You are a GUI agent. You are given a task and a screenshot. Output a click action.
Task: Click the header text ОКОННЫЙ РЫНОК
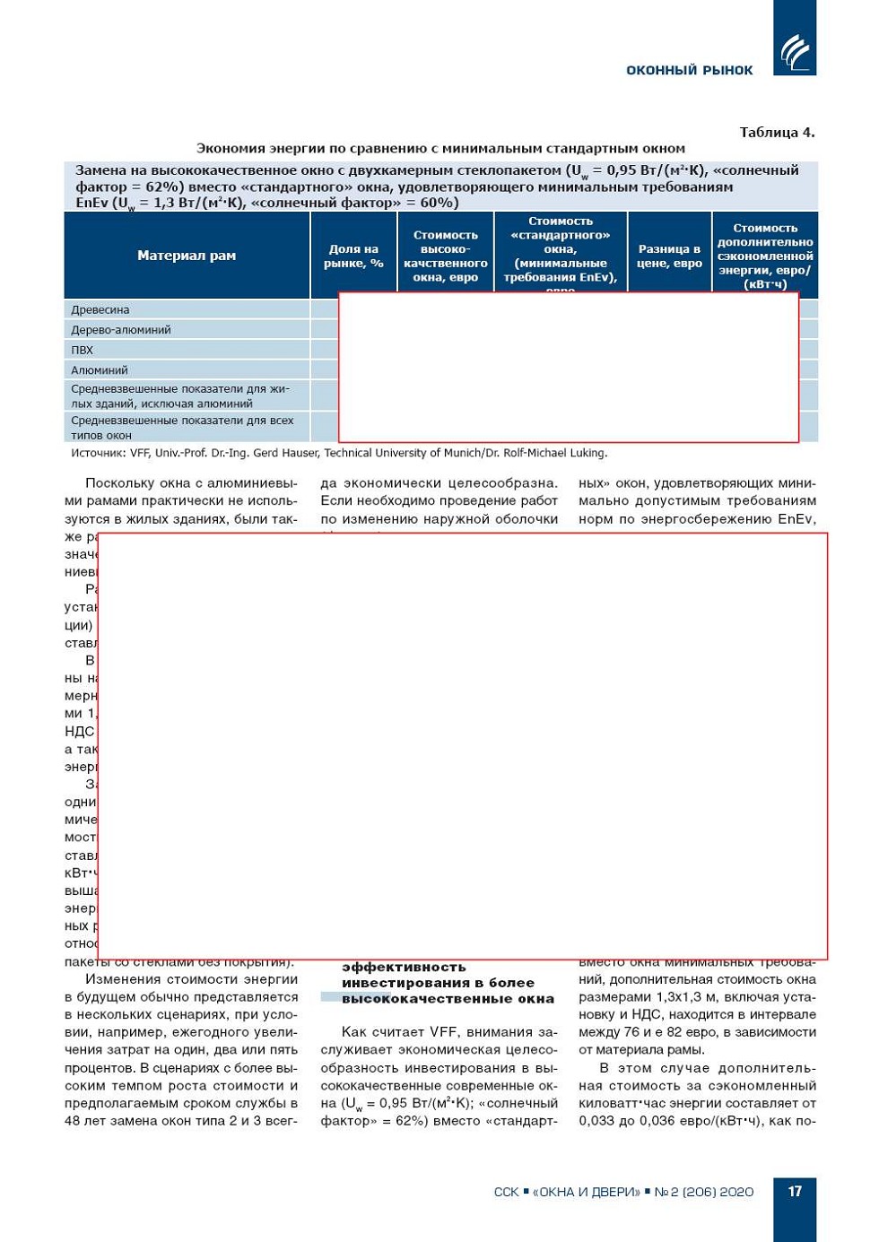pyautogui.click(x=689, y=70)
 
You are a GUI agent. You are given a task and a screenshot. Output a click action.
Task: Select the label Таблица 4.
pyautogui.click(x=777, y=133)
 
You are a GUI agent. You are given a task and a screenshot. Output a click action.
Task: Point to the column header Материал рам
pyautogui.click(x=187, y=256)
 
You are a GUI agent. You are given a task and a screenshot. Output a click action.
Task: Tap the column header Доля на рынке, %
pyautogui.click(x=353, y=256)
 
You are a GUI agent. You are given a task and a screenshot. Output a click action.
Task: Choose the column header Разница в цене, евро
pyautogui.click(x=669, y=256)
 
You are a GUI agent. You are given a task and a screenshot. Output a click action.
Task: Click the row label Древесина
pyautogui.click(x=100, y=309)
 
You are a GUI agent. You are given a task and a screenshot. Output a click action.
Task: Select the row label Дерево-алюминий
pyautogui.click(x=121, y=330)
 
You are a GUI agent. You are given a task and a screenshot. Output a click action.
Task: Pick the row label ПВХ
pyautogui.click(x=82, y=350)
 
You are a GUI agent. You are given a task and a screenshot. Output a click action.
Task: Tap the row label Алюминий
pyautogui.click(x=100, y=369)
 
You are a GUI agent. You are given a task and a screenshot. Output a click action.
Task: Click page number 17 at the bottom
pyautogui.click(x=795, y=1191)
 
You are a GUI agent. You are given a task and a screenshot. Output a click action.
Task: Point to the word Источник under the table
pyautogui.click(x=97, y=453)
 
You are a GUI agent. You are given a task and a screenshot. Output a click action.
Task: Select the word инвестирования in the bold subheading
pyautogui.click(x=404, y=983)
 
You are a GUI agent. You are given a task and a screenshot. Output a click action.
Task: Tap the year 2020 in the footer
pyautogui.click(x=737, y=1192)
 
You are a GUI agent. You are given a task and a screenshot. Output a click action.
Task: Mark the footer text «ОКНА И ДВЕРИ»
pyautogui.click(x=587, y=1192)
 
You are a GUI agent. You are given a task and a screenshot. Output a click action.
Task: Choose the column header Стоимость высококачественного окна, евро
pyautogui.click(x=445, y=256)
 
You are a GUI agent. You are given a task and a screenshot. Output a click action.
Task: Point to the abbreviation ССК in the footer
pyautogui.click(x=506, y=1192)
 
